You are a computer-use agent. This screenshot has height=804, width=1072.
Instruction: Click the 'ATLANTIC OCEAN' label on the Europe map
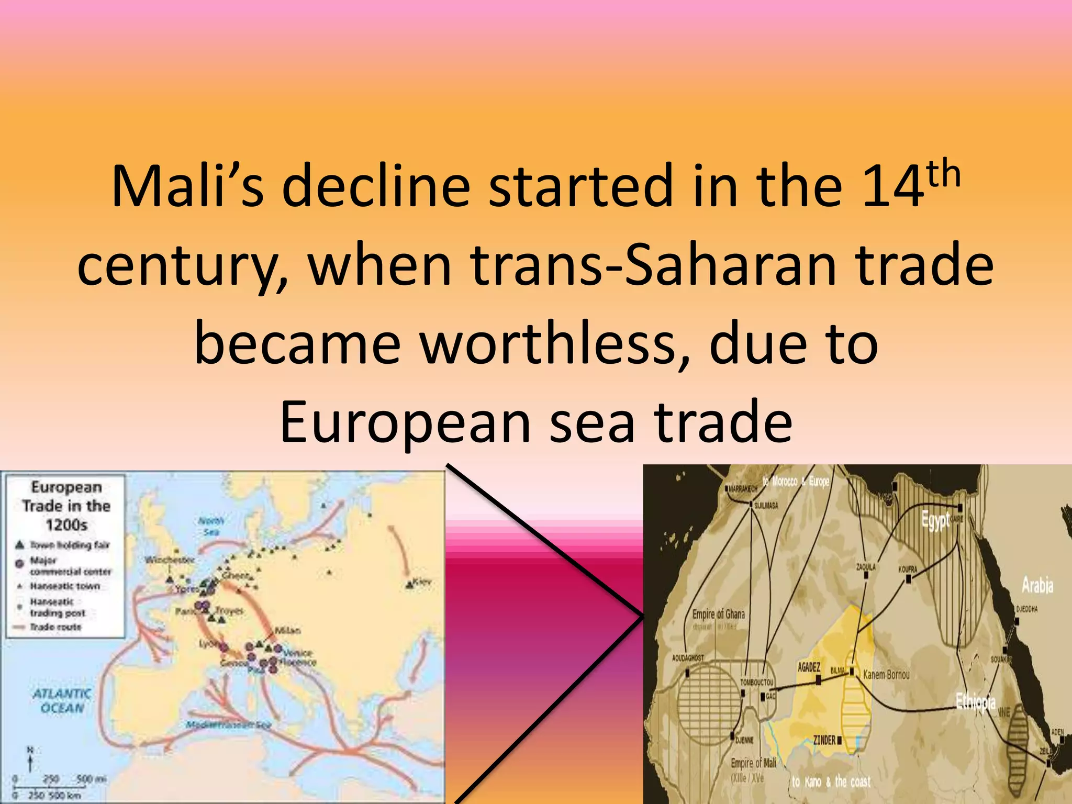click(x=62, y=701)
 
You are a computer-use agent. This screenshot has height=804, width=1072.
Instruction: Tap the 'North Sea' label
click(x=211, y=526)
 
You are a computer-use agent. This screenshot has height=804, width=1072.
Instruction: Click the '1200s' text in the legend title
click(x=66, y=524)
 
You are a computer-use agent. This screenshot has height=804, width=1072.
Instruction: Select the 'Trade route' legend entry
click(x=55, y=627)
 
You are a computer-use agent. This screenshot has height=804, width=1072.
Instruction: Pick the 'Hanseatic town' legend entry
click(x=64, y=586)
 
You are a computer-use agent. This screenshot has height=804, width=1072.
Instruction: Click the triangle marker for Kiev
click(x=409, y=584)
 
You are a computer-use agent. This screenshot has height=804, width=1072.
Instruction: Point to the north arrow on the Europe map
click(x=30, y=759)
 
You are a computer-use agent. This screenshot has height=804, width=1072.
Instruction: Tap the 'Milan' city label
click(x=287, y=630)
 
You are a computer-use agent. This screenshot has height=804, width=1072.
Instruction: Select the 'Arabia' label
click(x=1037, y=585)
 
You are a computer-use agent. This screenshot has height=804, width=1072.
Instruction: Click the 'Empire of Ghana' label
click(x=718, y=614)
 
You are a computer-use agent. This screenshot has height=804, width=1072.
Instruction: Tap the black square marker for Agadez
click(x=818, y=680)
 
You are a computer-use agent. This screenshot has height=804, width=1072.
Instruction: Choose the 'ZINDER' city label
click(x=824, y=740)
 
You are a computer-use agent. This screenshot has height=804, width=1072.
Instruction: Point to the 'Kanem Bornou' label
click(x=886, y=675)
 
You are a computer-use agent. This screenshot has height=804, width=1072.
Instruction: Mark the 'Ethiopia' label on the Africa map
click(x=975, y=701)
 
